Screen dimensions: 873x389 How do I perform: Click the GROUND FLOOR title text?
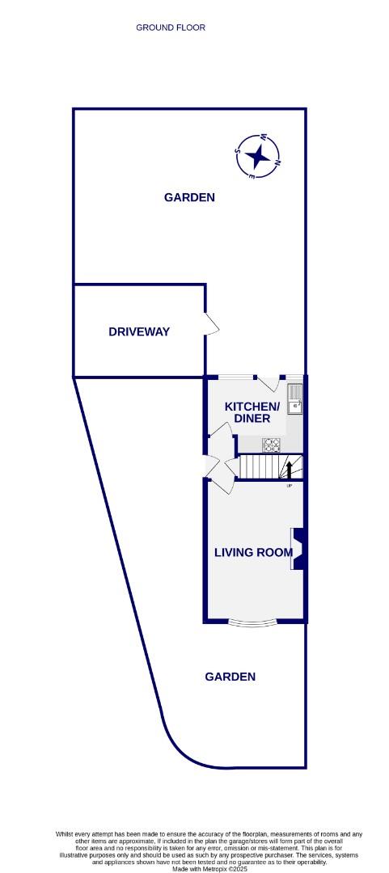(x=171, y=27)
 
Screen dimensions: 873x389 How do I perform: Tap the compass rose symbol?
(x=257, y=155)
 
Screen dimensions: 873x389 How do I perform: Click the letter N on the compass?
(x=277, y=164)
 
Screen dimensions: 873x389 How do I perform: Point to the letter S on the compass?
(x=237, y=150)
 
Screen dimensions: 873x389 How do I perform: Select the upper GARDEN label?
(x=189, y=197)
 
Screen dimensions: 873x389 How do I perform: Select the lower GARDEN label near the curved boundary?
(x=230, y=677)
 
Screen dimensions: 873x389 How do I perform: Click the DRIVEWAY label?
(x=139, y=331)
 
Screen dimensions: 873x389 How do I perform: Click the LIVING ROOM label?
(x=252, y=553)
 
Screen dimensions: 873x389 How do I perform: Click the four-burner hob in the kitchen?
(x=271, y=444)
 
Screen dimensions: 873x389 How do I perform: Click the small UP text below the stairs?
(x=289, y=485)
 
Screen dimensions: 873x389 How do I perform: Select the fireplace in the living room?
(x=298, y=549)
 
